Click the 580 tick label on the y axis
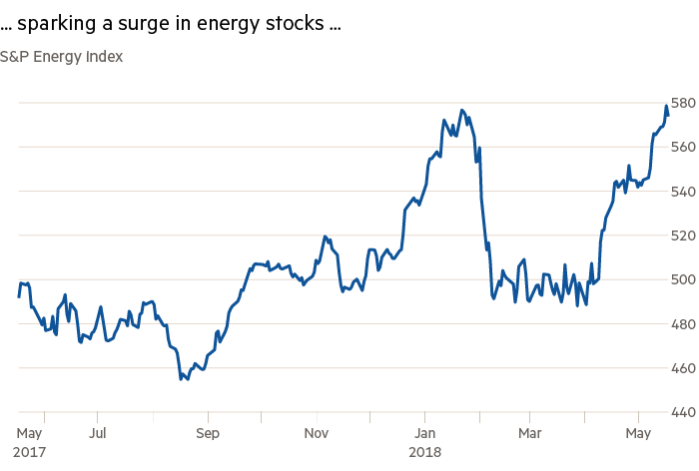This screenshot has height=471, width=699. [x=683, y=104]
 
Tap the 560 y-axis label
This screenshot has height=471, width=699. [x=683, y=148]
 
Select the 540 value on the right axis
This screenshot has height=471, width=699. [x=683, y=192]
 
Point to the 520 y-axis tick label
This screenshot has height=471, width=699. [x=683, y=236]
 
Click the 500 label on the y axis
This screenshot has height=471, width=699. [x=683, y=280]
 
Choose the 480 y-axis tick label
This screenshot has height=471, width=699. [x=683, y=324]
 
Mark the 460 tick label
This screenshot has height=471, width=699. [x=683, y=368]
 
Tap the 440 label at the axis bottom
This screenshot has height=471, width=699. [x=683, y=412]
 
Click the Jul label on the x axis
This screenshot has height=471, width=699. [x=98, y=434]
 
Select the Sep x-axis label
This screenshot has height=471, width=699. [x=208, y=434]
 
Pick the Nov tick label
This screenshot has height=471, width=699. [x=317, y=434]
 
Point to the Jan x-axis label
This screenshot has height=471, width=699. [x=425, y=434]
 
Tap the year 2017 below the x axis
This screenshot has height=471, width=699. [x=30, y=451]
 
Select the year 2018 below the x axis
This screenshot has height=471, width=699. [x=425, y=451]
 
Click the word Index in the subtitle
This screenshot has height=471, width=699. [x=102, y=56]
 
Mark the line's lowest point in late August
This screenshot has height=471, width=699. [x=182, y=379]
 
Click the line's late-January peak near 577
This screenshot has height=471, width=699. [x=461, y=110]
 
